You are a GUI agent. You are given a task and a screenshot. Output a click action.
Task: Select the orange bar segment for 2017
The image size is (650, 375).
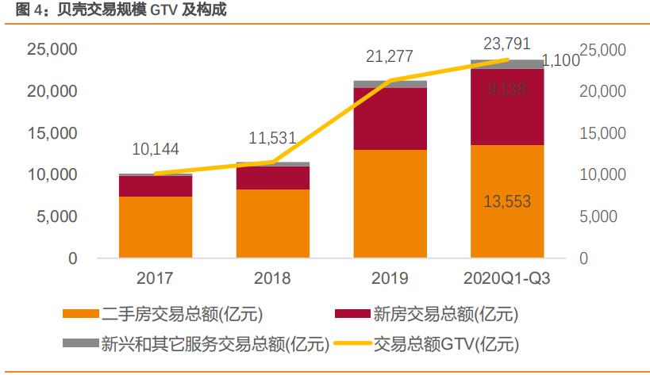click(156, 228)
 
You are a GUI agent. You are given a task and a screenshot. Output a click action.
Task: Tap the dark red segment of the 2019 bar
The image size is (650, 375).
click(390, 118)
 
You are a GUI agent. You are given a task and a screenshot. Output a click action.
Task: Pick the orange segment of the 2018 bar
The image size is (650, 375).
click(272, 224)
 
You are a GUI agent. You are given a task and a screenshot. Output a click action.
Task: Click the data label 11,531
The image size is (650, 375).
click(272, 137)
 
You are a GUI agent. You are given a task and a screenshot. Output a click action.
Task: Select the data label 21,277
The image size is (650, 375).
click(390, 56)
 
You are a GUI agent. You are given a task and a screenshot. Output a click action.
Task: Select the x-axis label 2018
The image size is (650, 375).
click(272, 278)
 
